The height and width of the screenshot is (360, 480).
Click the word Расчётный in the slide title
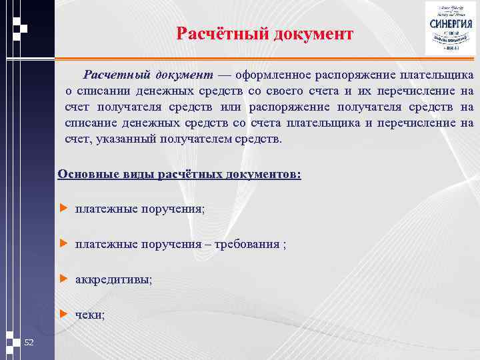(221, 33)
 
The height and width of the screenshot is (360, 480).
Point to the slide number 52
(29, 343)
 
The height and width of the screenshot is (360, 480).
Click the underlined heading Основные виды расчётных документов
(179, 175)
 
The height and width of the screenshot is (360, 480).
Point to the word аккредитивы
(113, 280)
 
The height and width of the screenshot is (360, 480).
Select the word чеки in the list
(89, 315)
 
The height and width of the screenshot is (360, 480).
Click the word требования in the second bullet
(249, 244)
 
